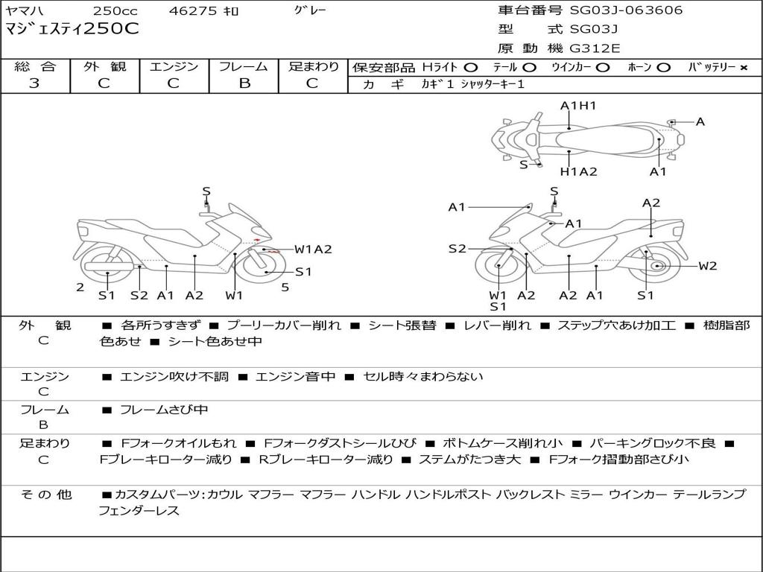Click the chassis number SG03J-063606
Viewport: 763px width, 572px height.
[x=626, y=10]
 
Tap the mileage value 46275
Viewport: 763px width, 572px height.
[x=193, y=10]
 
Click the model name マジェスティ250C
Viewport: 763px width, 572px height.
[x=72, y=29]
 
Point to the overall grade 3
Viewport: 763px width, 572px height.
[x=34, y=83]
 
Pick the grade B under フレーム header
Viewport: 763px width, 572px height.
[x=244, y=83]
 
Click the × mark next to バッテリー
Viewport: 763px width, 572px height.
[x=743, y=68]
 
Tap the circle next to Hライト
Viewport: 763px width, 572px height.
[x=471, y=68]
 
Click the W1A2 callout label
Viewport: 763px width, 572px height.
[x=314, y=250]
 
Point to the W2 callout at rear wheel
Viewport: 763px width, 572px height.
[x=708, y=266]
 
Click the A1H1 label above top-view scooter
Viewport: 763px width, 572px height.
[x=578, y=106]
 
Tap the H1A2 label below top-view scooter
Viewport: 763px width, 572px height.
[x=578, y=172]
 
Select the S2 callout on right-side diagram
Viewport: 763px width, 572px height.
[x=457, y=249]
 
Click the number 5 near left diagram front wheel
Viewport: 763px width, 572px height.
[x=285, y=287]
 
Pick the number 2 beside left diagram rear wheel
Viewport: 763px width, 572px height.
[x=80, y=287]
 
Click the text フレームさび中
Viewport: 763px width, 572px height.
[x=164, y=410]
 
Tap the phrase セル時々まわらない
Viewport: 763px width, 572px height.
[x=423, y=376]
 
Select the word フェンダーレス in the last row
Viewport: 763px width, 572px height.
[x=139, y=511]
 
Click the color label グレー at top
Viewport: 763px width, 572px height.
[x=310, y=10]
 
